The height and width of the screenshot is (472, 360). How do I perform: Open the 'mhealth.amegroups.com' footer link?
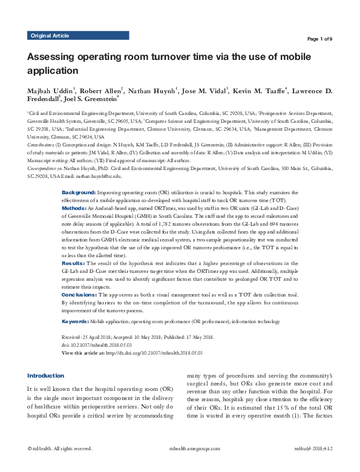180,465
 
